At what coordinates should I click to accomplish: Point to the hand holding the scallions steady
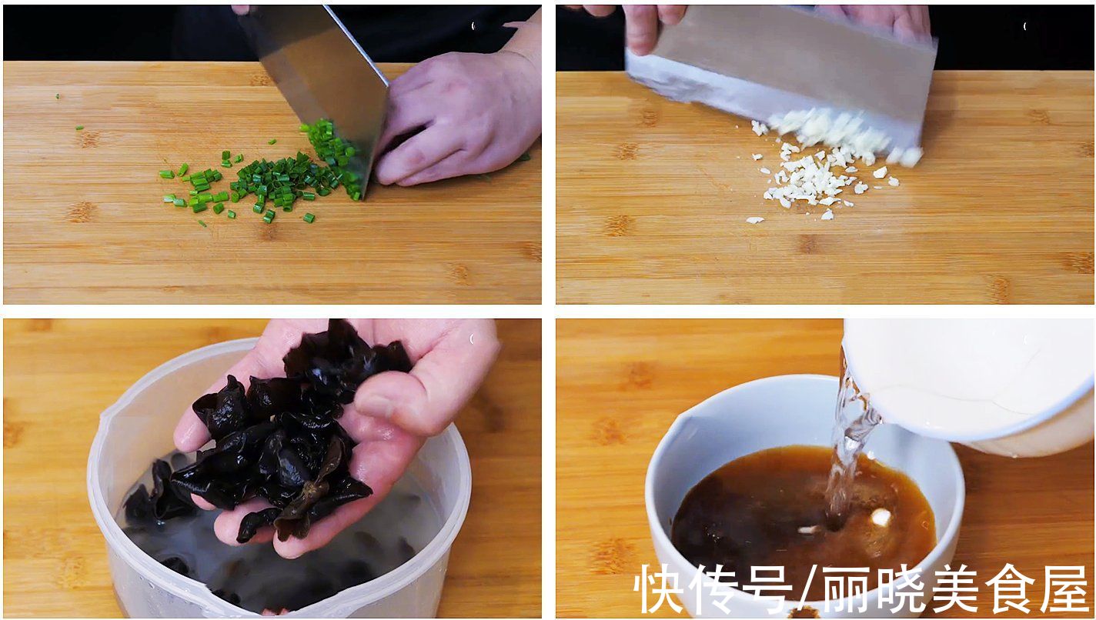454,123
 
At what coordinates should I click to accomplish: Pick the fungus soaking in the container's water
154,500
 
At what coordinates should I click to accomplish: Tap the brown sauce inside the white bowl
739,500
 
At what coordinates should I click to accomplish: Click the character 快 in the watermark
660,588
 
